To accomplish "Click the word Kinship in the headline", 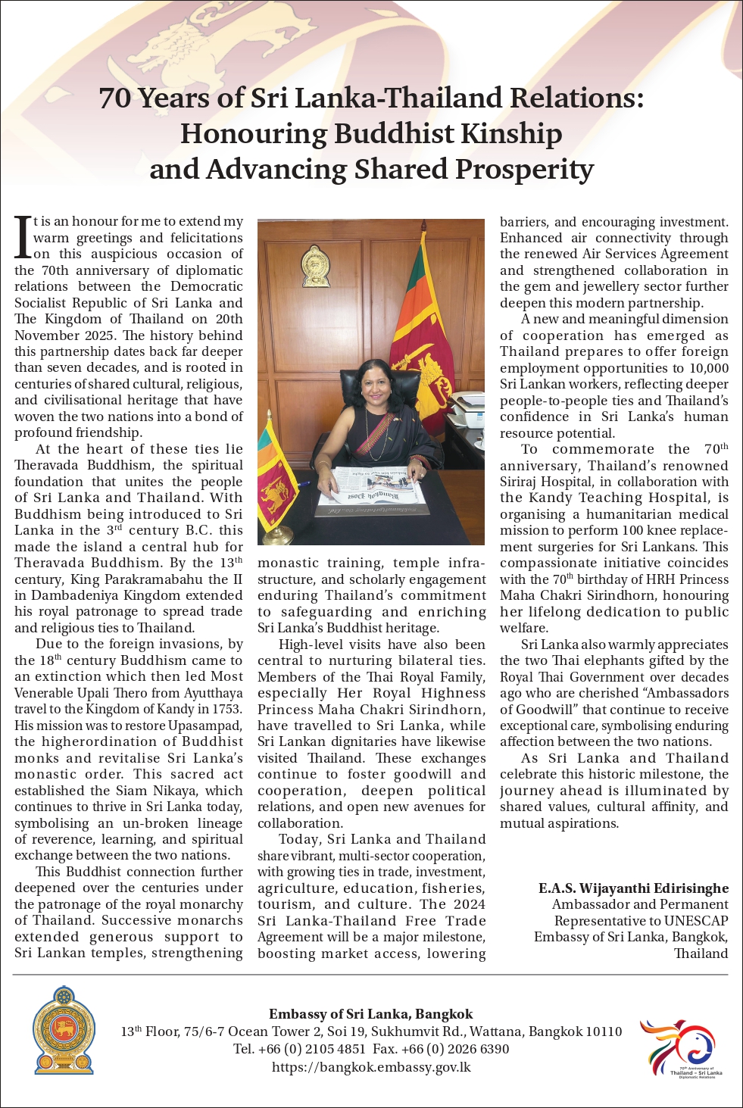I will [x=511, y=134].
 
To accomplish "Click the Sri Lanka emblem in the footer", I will [x=64, y=1030].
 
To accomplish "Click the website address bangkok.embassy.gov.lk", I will [x=371, y=1067].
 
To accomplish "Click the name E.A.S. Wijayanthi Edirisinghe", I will [x=633, y=888].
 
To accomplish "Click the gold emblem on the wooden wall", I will [x=315, y=266].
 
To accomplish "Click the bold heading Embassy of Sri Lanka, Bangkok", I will [x=370, y=1014].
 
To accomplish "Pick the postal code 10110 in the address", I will [x=603, y=1032].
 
